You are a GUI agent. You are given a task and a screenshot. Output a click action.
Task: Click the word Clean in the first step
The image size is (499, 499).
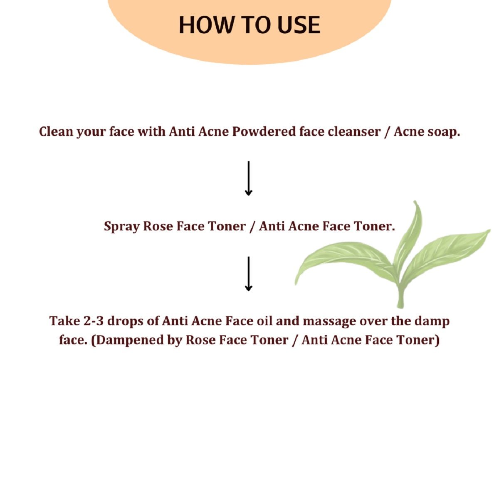[56, 132]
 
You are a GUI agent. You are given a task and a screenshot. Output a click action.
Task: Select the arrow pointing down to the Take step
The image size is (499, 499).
[249, 274]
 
